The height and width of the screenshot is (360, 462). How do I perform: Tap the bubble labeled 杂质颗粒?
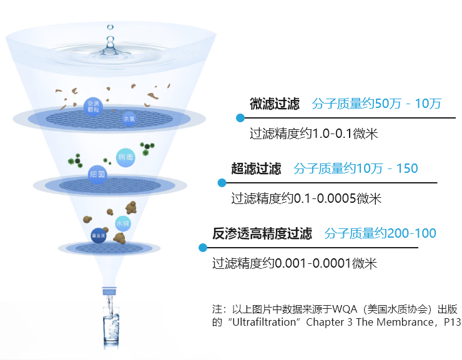(x=93, y=106)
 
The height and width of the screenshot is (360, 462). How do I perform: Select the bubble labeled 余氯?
(x=129, y=119)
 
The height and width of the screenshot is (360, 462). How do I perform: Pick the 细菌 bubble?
(x=97, y=173)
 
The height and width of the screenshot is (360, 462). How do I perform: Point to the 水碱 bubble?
(x=122, y=223)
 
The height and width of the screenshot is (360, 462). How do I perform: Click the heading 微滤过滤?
(x=275, y=104)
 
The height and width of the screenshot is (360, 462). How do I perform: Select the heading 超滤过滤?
(x=256, y=168)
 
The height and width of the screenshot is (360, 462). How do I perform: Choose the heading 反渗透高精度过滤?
(x=262, y=234)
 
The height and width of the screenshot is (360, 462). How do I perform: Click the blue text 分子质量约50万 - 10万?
(x=376, y=104)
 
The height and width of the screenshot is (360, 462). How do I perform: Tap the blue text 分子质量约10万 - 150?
(x=356, y=168)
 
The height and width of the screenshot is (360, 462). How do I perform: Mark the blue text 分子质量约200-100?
(x=380, y=234)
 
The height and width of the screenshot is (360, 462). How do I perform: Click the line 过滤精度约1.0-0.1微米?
(x=314, y=134)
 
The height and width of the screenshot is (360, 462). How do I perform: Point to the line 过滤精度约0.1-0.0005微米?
(x=306, y=199)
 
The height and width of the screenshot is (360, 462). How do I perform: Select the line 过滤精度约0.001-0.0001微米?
(x=295, y=264)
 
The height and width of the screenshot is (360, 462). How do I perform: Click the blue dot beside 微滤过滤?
(x=240, y=118)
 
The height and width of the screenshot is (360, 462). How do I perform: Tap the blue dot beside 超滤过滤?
(x=222, y=183)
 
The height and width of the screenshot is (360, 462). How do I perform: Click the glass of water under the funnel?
(x=111, y=328)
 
